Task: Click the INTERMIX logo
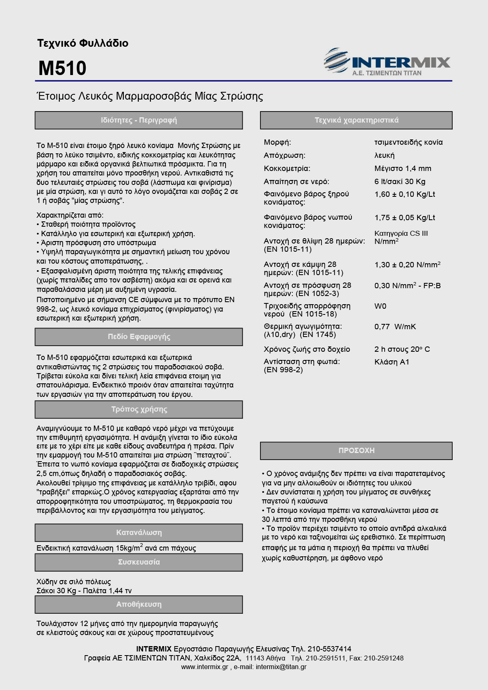click(x=387, y=62)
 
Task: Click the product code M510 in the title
click(x=62, y=68)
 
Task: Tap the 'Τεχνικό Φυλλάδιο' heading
click(x=83, y=43)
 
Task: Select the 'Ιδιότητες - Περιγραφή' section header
click(x=139, y=120)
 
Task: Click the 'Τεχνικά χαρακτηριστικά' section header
click(x=356, y=120)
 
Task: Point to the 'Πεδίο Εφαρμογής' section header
click(x=139, y=337)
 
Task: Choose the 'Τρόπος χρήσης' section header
click(x=139, y=409)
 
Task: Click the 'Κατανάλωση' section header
click(x=139, y=533)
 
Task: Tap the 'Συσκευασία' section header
click(x=139, y=562)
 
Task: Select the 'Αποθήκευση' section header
click(x=139, y=604)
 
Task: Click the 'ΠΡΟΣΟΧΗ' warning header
click(x=356, y=450)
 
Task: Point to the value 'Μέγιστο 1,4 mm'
click(x=403, y=169)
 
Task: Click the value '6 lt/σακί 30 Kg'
click(x=400, y=182)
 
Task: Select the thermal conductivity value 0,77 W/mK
click(x=395, y=327)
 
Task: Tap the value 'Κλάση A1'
click(x=392, y=362)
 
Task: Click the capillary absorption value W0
click(x=380, y=306)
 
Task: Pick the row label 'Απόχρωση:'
click(x=284, y=155)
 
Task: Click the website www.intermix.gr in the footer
click(x=204, y=667)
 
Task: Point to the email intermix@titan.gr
click(x=281, y=667)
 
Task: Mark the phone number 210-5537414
click(x=329, y=649)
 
